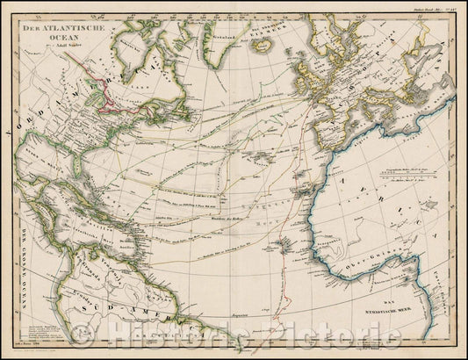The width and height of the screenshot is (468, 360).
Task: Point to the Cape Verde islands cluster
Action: tap(279, 230)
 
